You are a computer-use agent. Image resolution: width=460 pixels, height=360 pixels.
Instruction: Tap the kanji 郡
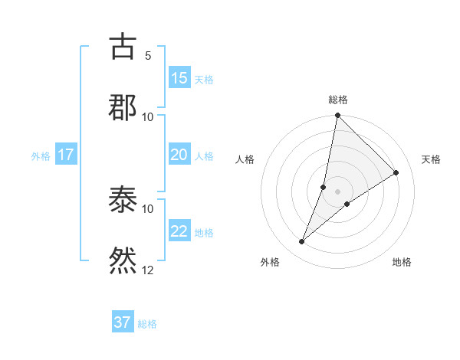[x=123, y=107]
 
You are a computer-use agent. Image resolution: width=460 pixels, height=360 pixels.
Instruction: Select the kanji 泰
[x=123, y=201]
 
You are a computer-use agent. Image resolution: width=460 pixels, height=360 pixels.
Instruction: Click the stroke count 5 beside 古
[x=148, y=56]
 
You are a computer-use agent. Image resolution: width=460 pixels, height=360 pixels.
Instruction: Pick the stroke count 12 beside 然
[x=148, y=270]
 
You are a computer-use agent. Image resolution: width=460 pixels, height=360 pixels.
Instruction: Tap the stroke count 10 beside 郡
[x=148, y=116]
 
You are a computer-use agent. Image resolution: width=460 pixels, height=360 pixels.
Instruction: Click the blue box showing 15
[x=179, y=78]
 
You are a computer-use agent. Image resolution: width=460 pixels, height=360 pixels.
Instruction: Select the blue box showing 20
[x=179, y=155]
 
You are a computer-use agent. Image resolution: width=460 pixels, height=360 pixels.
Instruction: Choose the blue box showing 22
[x=179, y=231]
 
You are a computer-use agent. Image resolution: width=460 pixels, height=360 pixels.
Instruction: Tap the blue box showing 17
[x=66, y=155]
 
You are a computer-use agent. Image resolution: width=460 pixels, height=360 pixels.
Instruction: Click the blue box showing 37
[x=123, y=322]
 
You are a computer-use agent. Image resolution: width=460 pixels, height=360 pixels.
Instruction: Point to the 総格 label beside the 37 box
[x=147, y=324]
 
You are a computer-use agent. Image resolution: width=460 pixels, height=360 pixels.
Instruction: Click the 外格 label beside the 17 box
[x=41, y=156]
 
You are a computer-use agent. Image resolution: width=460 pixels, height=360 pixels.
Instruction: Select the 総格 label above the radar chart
[x=338, y=100]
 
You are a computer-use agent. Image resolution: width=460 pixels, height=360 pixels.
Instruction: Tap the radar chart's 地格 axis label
[x=402, y=263]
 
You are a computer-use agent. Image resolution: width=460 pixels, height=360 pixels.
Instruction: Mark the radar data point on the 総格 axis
[x=337, y=116]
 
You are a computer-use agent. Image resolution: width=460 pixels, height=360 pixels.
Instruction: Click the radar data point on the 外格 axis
[x=302, y=242]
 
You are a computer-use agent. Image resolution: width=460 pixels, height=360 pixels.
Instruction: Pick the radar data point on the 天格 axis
[x=396, y=173]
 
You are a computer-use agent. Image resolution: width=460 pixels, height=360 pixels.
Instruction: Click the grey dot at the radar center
[x=338, y=191]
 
